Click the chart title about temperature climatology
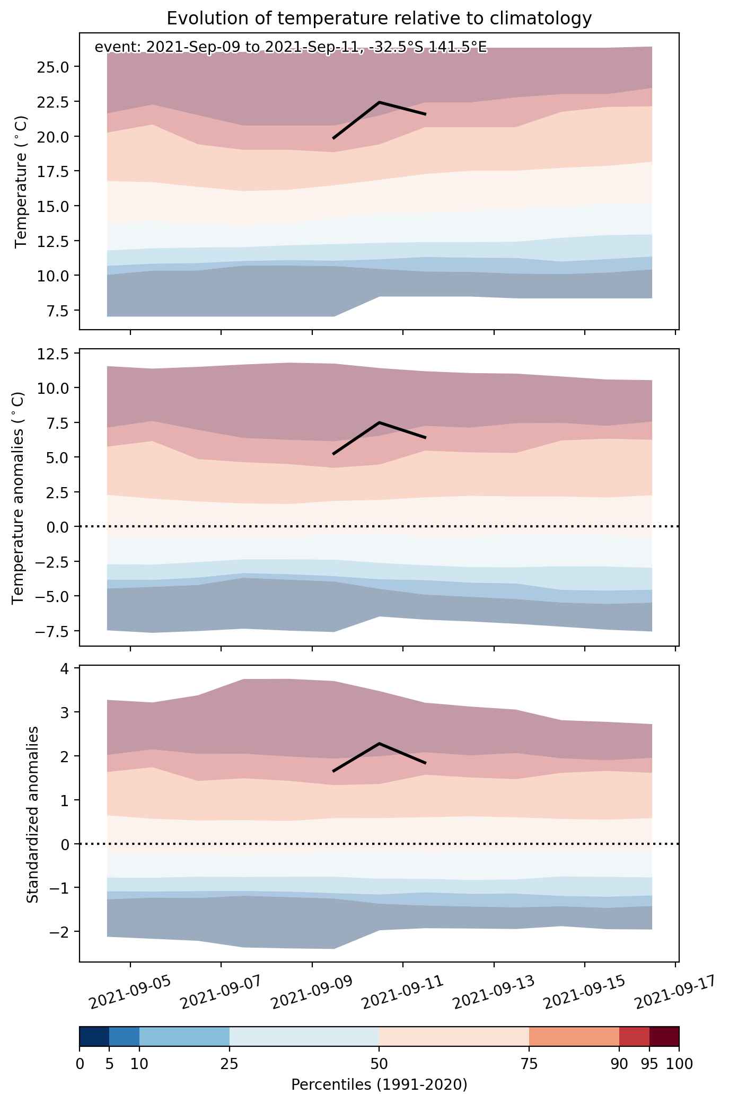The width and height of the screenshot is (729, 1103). click(x=379, y=19)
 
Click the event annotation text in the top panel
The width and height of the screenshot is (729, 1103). click(x=291, y=48)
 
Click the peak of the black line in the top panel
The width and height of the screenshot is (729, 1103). click(x=380, y=102)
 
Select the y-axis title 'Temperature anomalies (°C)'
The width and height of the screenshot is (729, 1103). click(x=19, y=497)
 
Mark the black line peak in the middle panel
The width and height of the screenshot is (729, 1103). click(x=380, y=422)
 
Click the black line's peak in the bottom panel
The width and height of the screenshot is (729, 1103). click(x=380, y=743)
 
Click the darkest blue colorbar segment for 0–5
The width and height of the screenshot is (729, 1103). click(x=94, y=1036)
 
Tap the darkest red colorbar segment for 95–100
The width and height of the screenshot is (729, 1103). click(x=664, y=1036)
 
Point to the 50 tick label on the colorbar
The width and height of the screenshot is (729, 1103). click(x=379, y=1064)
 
